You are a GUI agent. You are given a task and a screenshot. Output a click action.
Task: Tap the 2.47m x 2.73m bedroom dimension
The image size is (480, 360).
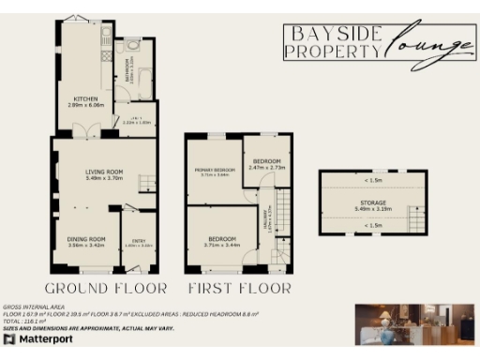(x=267, y=167)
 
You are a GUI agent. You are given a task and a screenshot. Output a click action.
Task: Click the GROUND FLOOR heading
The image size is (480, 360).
(x=107, y=288)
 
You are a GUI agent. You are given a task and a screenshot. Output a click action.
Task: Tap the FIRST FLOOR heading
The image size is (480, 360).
(x=239, y=288)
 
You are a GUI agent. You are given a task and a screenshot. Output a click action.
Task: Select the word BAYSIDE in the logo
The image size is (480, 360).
(x=334, y=36)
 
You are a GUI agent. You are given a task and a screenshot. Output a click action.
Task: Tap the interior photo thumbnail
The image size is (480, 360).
(x=414, y=325)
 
